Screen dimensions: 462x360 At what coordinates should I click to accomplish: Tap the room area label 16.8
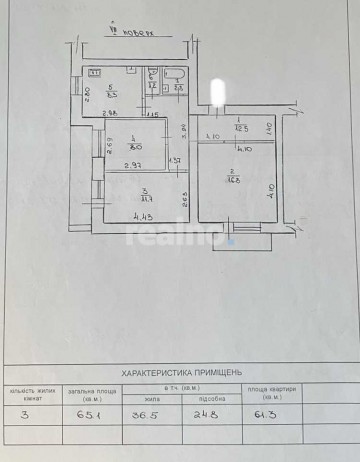231,180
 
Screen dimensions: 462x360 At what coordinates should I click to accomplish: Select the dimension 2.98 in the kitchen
111,112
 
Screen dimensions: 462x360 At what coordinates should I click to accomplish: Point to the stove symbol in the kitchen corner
95,71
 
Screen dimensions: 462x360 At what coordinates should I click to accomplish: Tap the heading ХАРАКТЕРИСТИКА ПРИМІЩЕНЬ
181,368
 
